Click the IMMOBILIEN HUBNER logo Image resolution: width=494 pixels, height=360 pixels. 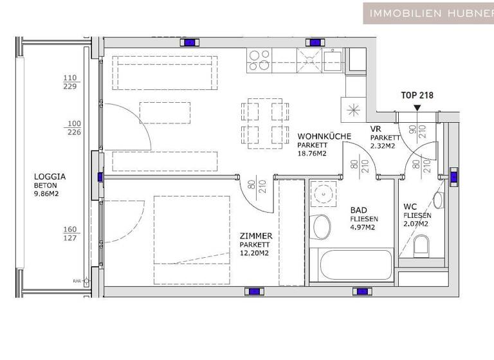(x=428, y=13)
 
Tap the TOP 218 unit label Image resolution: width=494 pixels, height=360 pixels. (x=417, y=95)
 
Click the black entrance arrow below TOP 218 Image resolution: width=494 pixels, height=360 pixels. (x=417, y=107)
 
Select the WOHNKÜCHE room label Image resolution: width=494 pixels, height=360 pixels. (x=324, y=136)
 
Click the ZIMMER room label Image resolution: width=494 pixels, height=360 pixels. (x=255, y=236)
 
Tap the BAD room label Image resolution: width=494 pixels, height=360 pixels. (x=359, y=210)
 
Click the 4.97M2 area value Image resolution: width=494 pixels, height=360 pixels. (x=362, y=227)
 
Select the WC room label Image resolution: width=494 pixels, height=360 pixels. (x=410, y=207)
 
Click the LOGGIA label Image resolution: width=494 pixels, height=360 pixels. (x=50, y=176)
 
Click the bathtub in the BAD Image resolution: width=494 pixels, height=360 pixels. (x=351, y=264)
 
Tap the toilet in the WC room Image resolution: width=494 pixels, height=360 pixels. (x=421, y=244)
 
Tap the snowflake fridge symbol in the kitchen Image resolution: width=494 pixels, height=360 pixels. (x=353, y=109)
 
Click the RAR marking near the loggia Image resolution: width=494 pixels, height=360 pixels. (x=77, y=281)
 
